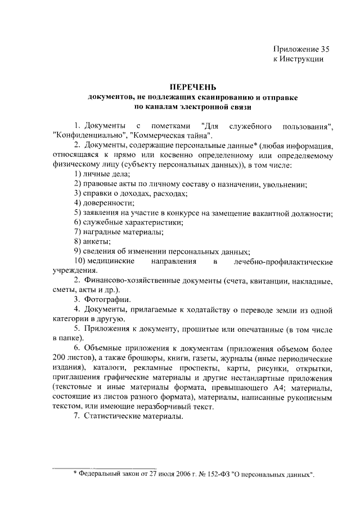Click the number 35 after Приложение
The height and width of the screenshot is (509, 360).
(318, 49)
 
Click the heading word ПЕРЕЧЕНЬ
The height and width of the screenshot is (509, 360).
(193, 87)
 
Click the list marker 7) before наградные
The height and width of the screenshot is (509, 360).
(78, 232)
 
